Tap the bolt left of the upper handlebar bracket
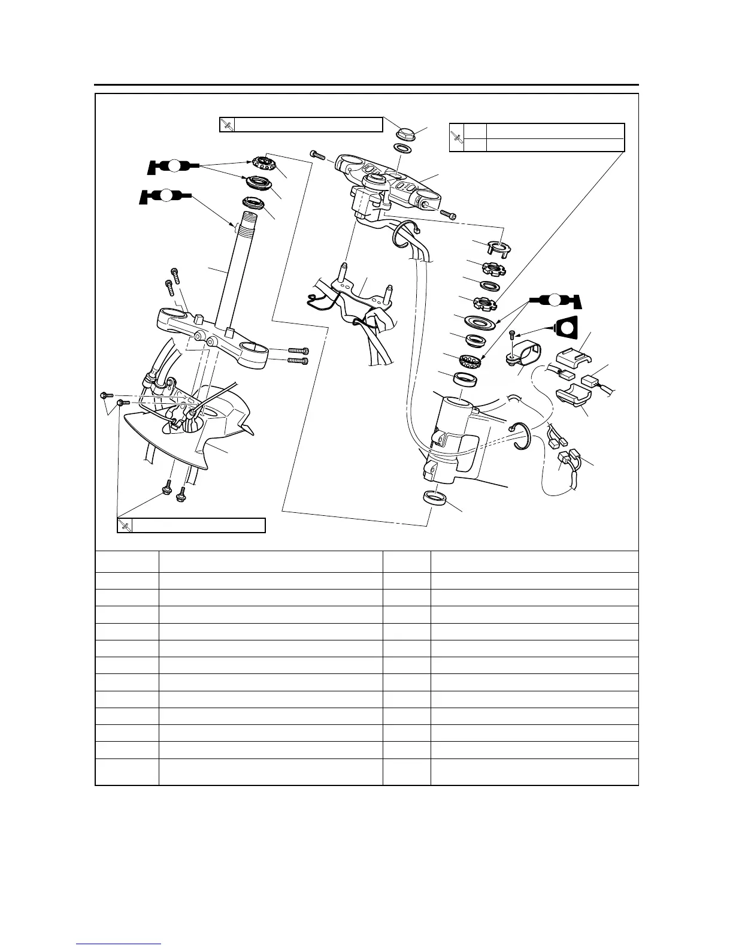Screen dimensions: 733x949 (x=317, y=155)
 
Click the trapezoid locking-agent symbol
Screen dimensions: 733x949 (x=567, y=328)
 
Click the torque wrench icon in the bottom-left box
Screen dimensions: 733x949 (x=125, y=525)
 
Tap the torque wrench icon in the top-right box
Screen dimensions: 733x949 (x=457, y=137)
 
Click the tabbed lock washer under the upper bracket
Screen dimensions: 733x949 (x=495, y=246)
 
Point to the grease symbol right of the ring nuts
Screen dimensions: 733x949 (x=555, y=298)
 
